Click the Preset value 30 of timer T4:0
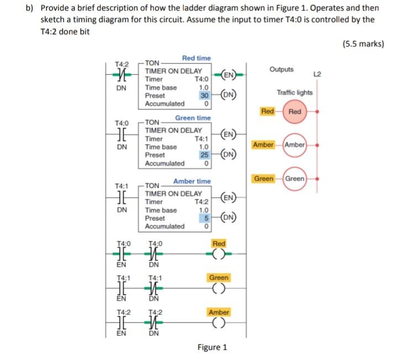coord(203,95)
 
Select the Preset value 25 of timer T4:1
coord(203,155)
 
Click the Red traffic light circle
coord(295,112)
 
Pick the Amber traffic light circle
coord(295,144)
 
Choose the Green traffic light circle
coord(295,179)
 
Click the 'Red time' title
coord(196,58)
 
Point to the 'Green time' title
coord(193,118)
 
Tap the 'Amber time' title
coord(192,181)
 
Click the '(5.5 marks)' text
coord(363,44)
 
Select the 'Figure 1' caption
coord(212,347)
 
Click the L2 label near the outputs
coord(317,74)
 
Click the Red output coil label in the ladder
coord(219,243)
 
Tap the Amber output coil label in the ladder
coord(219,312)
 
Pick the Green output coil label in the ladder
coord(219,278)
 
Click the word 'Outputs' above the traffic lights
coord(282,70)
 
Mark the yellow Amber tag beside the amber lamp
coord(263,144)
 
